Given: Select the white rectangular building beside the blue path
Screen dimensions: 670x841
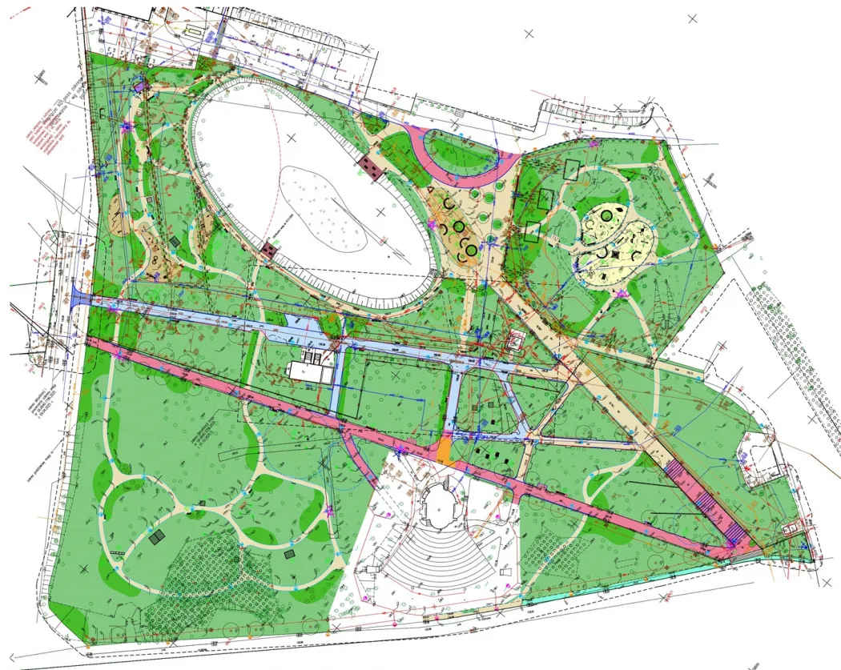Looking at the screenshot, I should pos(309,371).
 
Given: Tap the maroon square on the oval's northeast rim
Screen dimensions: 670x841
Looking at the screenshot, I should pos(370,166).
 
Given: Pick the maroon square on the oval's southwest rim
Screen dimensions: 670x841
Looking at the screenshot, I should pos(268,251).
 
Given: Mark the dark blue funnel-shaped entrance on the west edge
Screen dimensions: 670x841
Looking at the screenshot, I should pos(79,298).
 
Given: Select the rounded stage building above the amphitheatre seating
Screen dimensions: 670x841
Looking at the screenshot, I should pos(438,504).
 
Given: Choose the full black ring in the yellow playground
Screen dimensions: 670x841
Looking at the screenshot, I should pos(459,227).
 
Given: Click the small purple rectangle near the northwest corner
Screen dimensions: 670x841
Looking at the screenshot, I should pos(140,85).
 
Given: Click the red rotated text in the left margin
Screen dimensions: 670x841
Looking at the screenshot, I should pos(48,128).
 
